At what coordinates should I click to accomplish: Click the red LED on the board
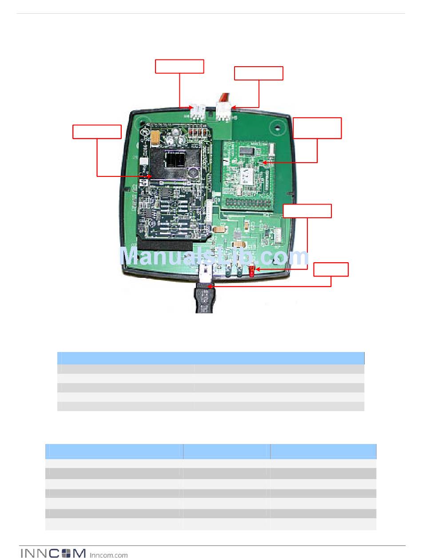(251, 271)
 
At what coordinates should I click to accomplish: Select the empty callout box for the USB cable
(331, 270)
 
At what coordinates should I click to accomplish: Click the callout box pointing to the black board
(97, 132)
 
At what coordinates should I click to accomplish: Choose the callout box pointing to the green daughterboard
(317, 128)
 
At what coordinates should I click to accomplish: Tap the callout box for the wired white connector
(259, 73)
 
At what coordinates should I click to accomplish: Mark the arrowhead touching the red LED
(257, 269)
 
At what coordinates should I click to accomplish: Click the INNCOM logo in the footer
(53, 553)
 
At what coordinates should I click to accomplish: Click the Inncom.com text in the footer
(108, 555)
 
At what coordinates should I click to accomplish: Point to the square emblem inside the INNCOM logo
(66, 553)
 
